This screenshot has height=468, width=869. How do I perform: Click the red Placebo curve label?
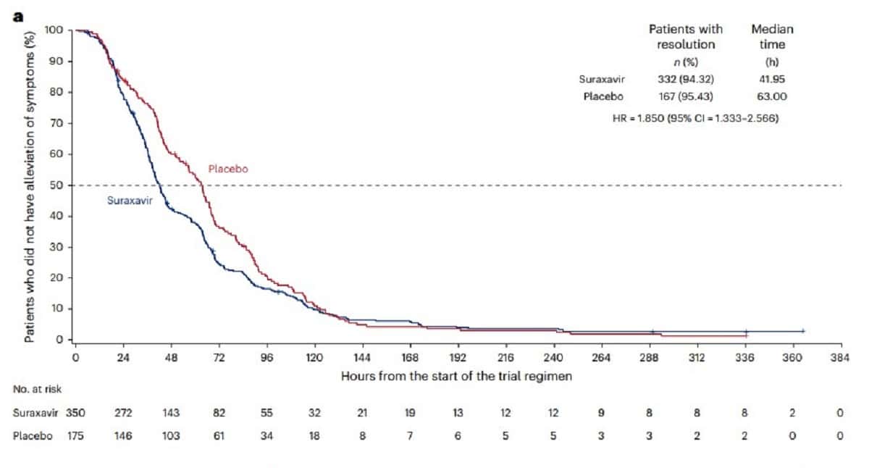[228, 169]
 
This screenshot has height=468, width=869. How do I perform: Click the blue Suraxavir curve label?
[130, 201]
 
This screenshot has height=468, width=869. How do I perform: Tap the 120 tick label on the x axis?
[314, 356]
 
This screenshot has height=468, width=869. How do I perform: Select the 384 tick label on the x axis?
[840, 356]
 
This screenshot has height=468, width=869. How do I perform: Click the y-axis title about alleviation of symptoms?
[30, 184]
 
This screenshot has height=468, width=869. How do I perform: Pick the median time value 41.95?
[771, 79]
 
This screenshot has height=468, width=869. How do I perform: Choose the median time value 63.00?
[771, 96]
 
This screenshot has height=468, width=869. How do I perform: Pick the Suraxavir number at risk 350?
[75, 413]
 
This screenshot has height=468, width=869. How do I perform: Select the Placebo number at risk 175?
[75, 437]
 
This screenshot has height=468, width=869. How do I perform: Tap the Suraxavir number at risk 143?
[171, 413]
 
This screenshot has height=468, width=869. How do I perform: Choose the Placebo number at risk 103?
[171, 437]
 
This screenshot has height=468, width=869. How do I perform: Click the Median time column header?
[772, 37]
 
